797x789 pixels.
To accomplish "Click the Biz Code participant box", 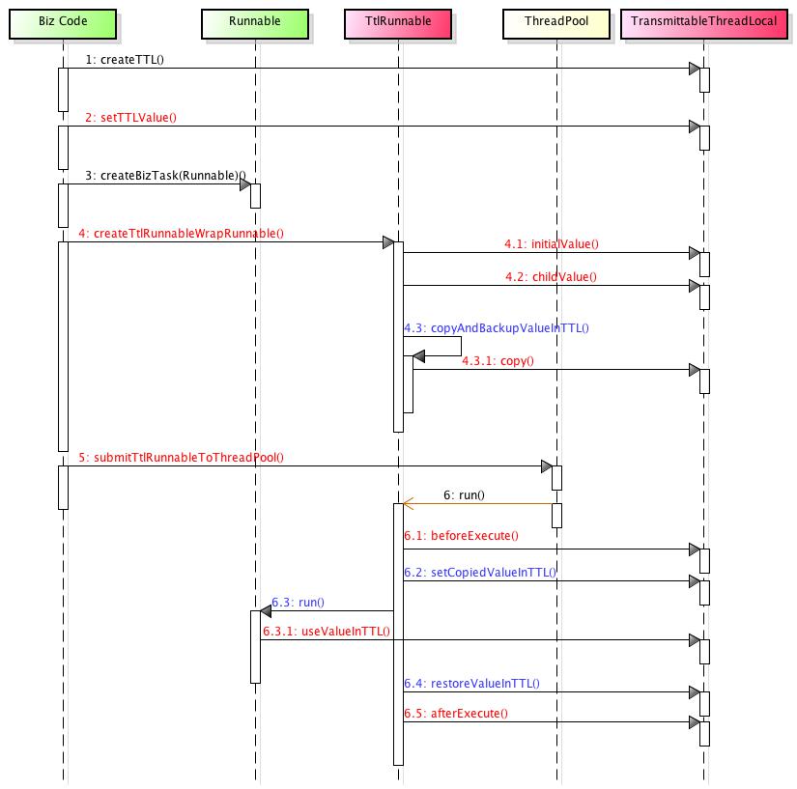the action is pos(63,23).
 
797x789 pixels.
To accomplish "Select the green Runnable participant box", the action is pos(255,23).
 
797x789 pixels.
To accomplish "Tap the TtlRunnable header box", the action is pos(398,23).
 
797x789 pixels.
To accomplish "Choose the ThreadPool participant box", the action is pos(556,23).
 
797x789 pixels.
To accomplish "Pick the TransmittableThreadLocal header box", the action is pos(704,23).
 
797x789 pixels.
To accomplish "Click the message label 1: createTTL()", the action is pos(125,60).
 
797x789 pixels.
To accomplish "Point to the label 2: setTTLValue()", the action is pos(130,118).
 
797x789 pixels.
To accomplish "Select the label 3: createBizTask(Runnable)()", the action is pos(166,176).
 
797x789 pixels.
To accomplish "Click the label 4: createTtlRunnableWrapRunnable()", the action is pos(181,234).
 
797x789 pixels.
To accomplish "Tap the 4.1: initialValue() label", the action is pos(552,244).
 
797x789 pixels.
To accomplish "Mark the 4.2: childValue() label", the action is pos(551,277).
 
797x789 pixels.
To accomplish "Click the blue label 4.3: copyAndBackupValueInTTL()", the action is pos(497,328).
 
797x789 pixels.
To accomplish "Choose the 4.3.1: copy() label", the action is pos(498,361).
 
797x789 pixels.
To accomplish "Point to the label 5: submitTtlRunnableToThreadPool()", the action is pos(181,458).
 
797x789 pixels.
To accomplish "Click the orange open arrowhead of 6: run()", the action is pos(408,504).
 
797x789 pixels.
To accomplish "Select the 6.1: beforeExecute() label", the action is pos(462,536).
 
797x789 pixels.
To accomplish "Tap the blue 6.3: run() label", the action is pos(298,603).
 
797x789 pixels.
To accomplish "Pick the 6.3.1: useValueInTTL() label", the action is pos(327,632).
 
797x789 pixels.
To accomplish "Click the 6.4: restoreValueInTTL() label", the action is pos(471,684).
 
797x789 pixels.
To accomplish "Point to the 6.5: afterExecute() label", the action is pos(456,714).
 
